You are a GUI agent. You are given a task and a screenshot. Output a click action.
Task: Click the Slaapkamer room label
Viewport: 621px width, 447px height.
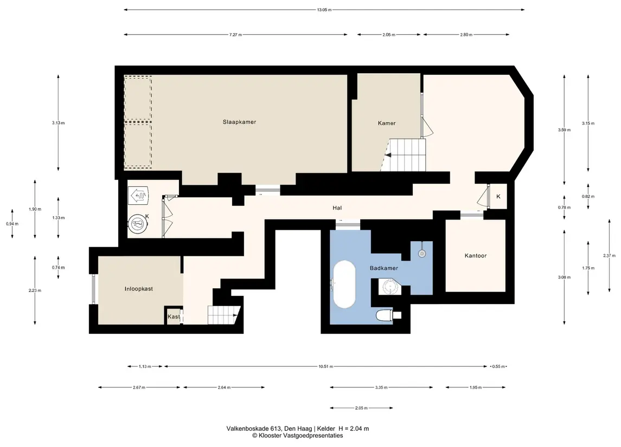coord(239,122)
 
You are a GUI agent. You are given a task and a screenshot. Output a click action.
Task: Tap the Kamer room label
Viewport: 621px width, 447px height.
coord(387,123)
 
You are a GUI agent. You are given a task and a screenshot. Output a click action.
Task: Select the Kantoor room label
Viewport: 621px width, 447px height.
coord(476,256)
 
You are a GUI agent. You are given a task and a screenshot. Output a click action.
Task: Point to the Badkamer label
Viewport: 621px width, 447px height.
coord(384,268)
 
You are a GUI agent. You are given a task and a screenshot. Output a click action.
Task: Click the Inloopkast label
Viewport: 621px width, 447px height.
coord(139,289)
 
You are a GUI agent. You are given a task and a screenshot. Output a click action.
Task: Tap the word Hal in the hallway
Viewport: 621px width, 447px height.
coord(337,208)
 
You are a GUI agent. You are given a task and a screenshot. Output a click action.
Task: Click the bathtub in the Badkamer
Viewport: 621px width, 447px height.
coord(344,284)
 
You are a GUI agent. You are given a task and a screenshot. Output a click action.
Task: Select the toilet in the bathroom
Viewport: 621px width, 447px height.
coord(387,315)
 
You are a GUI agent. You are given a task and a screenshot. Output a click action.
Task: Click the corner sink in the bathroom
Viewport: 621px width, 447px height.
coord(389,287)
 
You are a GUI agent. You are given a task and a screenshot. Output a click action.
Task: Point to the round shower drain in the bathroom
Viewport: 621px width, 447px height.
coord(422,254)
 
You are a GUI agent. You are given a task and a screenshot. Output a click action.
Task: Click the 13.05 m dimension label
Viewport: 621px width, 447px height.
coord(324,10)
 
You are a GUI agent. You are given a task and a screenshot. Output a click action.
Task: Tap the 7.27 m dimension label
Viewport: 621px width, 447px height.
coord(235,35)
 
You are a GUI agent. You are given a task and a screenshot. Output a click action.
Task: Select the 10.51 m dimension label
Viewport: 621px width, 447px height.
coord(325,366)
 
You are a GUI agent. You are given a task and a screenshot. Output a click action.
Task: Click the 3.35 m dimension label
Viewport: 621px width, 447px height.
coord(381,387)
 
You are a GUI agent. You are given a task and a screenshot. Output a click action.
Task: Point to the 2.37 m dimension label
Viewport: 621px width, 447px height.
coord(609,256)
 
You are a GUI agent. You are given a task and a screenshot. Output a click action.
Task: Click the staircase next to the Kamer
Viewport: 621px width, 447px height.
coord(404,154)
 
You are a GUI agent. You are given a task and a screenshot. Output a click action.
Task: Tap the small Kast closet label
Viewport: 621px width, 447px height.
coord(174,316)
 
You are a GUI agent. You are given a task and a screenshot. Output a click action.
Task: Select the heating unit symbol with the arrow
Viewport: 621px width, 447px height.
coord(138,196)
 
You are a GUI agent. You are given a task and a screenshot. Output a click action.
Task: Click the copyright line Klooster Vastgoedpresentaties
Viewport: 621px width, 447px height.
coord(297,436)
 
